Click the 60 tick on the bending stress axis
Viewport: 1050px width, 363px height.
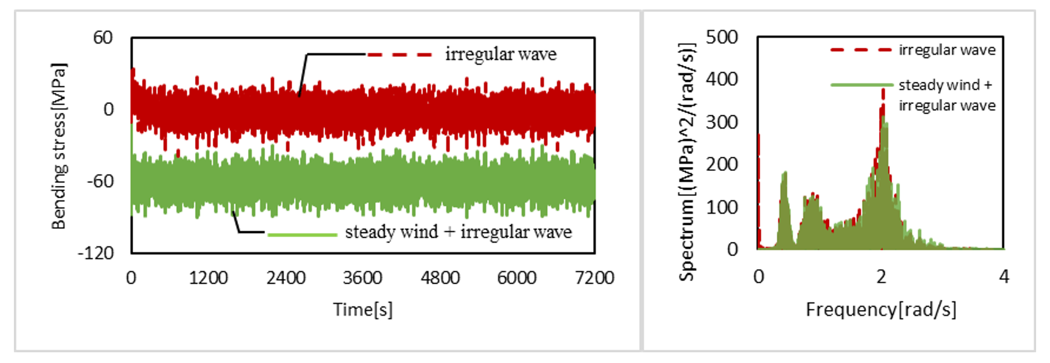(x=103, y=38)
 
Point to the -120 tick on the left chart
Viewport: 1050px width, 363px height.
(x=95, y=253)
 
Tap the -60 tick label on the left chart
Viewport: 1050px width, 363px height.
(x=100, y=181)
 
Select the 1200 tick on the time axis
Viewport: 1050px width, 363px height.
(x=208, y=278)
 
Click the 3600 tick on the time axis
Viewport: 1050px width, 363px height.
(x=363, y=278)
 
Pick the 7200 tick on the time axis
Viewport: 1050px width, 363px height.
(x=594, y=278)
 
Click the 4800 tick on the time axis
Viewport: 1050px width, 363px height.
(x=440, y=278)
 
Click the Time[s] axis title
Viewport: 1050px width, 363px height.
(x=363, y=309)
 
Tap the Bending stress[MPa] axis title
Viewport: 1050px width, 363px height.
(x=59, y=146)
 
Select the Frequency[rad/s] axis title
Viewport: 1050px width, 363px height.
(x=881, y=309)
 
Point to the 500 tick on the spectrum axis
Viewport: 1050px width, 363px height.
(x=722, y=37)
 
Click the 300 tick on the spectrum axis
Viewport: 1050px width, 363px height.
(x=722, y=122)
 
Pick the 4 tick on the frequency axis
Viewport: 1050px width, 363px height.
(x=1003, y=277)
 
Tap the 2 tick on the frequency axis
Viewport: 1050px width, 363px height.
(x=881, y=277)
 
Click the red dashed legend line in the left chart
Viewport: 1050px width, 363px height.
(x=399, y=55)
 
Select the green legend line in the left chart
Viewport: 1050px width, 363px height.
(x=302, y=234)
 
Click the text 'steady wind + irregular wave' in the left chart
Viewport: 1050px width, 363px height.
(x=458, y=232)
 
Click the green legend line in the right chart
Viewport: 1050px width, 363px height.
(x=861, y=84)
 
